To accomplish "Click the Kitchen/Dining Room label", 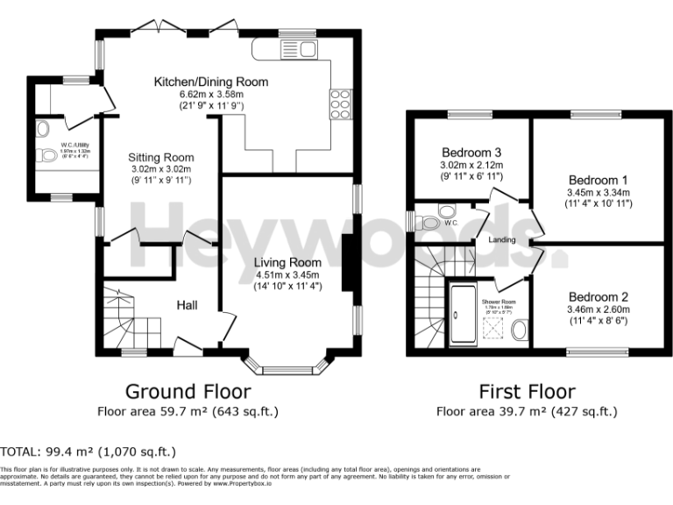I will click(211, 82).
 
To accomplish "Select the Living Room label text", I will click(287, 262).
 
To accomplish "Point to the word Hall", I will click(187, 305).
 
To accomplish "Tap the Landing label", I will click(502, 240).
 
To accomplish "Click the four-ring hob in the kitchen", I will click(338, 103).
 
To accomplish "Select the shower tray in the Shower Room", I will click(462, 315).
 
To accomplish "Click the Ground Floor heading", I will click(188, 391).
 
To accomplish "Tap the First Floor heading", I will click(527, 391).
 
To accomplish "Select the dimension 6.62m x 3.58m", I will click(211, 94).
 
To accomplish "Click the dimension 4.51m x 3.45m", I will click(287, 274).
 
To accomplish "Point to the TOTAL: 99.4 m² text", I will click(88, 452).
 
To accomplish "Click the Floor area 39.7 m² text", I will click(527, 410).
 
